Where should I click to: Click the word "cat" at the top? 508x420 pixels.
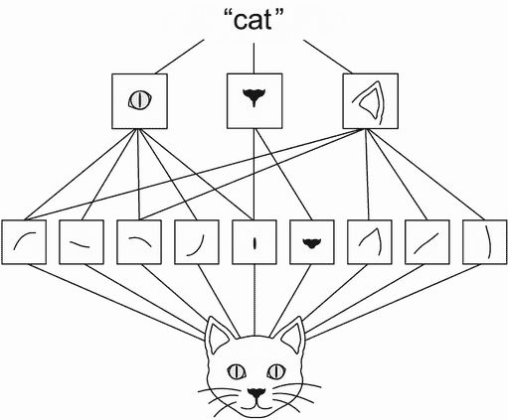click(x=254, y=20)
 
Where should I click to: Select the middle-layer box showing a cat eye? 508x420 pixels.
click(x=139, y=101)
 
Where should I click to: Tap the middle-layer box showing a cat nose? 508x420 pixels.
click(x=254, y=101)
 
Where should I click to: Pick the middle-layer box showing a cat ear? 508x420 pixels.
click(x=370, y=101)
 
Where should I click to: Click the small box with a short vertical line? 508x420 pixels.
click(x=254, y=242)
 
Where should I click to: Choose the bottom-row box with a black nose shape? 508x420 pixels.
click(x=312, y=242)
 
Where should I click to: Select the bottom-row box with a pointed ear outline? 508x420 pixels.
click(x=370, y=242)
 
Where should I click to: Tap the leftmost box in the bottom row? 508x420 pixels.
click(x=24, y=242)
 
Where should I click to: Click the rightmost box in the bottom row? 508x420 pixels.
click(x=485, y=242)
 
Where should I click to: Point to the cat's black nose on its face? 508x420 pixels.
click(x=256, y=393)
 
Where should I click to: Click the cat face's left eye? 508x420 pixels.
click(x=237, y=371)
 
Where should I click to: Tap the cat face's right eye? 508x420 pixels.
click(x=276, y=371)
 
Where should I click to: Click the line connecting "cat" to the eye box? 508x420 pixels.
click(x=180, y=57)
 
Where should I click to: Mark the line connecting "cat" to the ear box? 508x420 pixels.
click(x=328, y=57)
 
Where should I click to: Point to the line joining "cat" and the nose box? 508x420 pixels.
click(x=254, y=59)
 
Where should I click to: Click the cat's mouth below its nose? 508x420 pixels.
click(x=255, y=405)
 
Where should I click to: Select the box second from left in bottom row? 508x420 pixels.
click(x=82, y=242)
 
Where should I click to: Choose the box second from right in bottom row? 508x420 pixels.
click(x=427, y=242)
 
